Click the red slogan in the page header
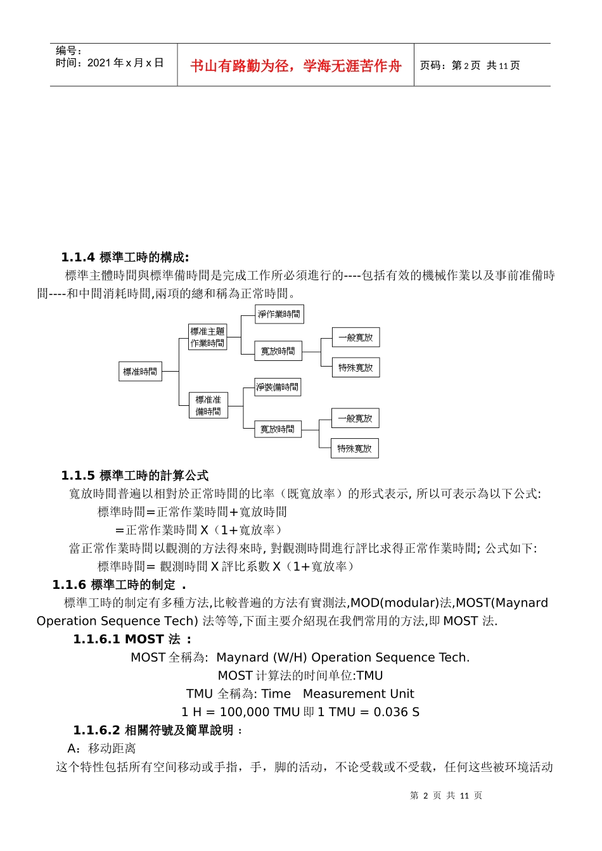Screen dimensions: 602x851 coord(295,66)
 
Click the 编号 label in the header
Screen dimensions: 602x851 coord(68,51)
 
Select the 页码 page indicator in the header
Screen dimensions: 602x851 coord(470,65)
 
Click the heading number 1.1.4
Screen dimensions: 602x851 coord(78,257)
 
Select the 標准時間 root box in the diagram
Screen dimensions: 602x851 coord(140,372)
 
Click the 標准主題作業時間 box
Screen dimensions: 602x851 coord(208,337)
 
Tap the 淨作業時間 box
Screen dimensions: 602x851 coord(279,314)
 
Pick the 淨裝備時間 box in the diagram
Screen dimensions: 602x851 coord(277,387)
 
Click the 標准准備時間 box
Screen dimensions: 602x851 coord(208,405)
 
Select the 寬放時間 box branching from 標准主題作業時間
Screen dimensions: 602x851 coord(278,351)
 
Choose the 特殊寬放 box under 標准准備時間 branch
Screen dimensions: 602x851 coord(354,448)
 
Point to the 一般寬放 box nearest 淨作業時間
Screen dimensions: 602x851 coord(355,337)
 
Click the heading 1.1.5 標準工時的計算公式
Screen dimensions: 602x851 coord(134,476)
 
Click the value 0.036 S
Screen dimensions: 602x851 coord(396,712)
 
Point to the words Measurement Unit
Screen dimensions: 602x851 coord(358,693)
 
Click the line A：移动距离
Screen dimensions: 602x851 coord(101,748)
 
